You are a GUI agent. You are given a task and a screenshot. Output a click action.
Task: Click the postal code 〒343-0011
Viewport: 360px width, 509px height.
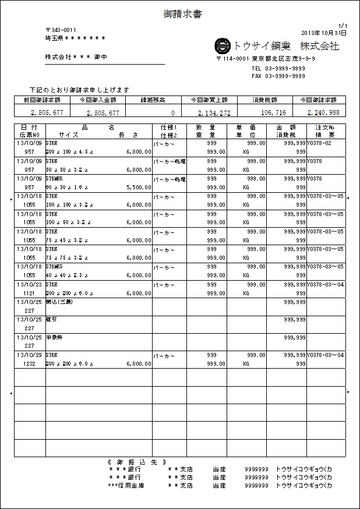click(x=61, y=30)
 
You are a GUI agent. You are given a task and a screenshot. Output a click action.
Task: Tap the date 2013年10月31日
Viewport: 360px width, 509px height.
click(x=324, y=33)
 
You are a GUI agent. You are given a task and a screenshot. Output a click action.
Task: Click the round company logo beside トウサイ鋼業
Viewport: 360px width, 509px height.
click(x=223, y=46)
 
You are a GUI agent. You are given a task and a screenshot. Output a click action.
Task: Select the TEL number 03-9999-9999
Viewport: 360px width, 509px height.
click(x=278, y=68)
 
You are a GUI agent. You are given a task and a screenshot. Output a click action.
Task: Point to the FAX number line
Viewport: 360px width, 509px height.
click(x=278, y=76)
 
